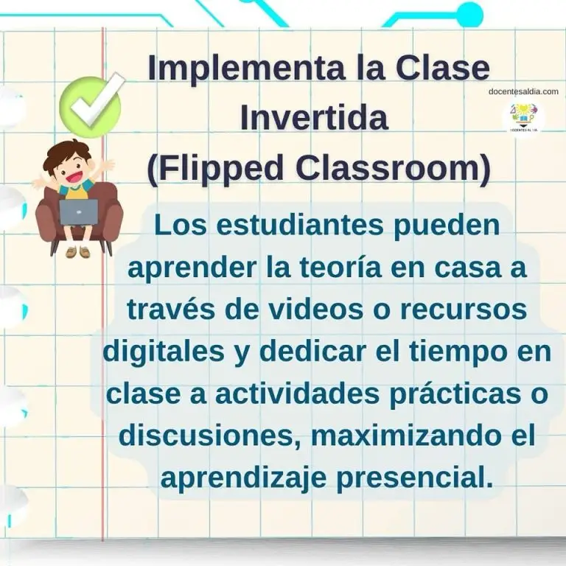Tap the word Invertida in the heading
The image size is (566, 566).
314,117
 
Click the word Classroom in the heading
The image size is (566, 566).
389,168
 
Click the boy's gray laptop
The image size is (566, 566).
78,212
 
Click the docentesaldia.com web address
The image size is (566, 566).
523,91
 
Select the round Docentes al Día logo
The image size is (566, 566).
523,117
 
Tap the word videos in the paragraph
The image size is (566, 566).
318,310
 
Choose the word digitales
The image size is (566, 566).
164,353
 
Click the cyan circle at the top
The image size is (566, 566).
469,15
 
